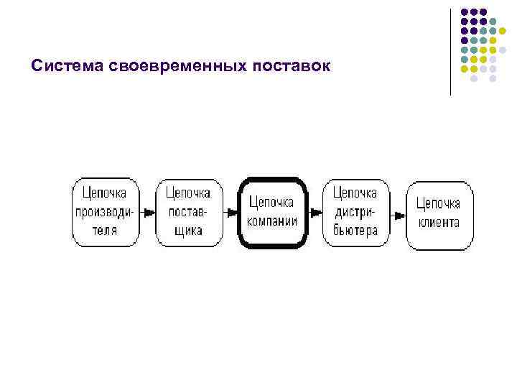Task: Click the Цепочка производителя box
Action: pos(105,212)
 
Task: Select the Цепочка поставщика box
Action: pos(188,212)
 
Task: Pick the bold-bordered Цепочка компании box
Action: pos(271,213)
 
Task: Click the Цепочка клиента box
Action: pos(439,213)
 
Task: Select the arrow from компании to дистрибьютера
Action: pos(315,213)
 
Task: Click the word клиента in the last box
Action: pos(439,223)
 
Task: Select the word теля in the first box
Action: pos(105,231)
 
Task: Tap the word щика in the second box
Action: pos(188,231)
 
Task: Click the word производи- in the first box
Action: pos(105,212)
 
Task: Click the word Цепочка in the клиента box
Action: pos(439,203)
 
